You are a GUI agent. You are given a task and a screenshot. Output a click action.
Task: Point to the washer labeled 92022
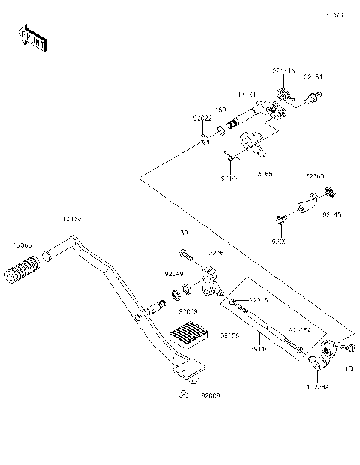point(205,140)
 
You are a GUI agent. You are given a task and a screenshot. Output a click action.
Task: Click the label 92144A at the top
point(284,70)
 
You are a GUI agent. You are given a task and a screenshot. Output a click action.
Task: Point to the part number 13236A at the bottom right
point(318,387)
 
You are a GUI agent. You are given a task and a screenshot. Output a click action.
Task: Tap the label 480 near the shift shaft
point(221,109)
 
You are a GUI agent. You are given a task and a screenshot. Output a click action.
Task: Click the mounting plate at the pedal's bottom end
point(189,369)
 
